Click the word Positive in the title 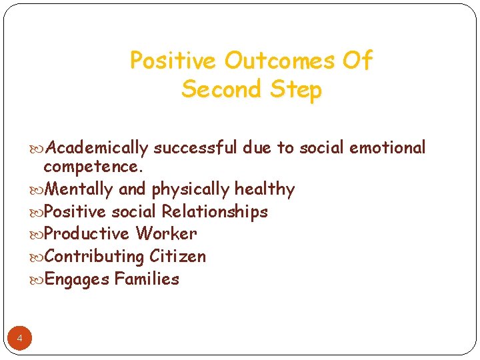coord(174,61)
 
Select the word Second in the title coord(219,89)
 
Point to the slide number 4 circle coord(19,339)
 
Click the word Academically coord(98,148)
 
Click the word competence coord(93,167)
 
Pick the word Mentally coord(80,189)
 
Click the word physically coord(191,190)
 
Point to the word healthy coord(264,190)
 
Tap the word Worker coord(166,234)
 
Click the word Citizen coord(178,257)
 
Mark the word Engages coord(77,280)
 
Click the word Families coord(147,279)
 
